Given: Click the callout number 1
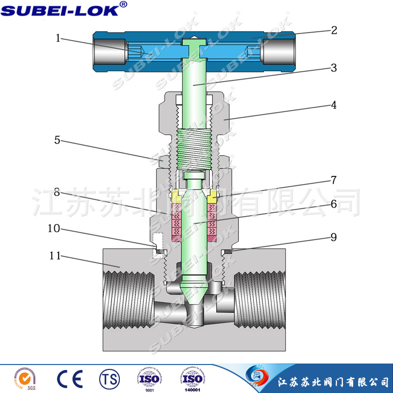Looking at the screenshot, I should (x=58, y=38).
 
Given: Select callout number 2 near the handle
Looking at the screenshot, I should (x=334, y=30).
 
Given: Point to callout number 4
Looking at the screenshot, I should (x=334, y=105).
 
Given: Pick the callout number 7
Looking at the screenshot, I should (x=334, y=180).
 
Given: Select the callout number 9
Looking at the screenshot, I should (x=334, y=237).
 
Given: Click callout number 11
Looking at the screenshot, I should (x=56, y=255).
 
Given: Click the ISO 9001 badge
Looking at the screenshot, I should (x=149, y=379).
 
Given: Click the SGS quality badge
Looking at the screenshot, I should (x=24, y=379).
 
